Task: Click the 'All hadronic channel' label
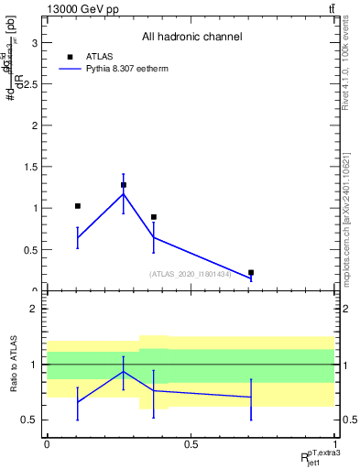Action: (191, 38)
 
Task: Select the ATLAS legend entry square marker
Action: (71, 56)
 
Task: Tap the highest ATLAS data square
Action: (124, 185)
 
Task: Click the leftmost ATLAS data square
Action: (78, 206)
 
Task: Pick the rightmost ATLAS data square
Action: (251, 272)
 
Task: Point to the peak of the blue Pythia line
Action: (124, 193)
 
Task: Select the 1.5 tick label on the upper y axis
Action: (30, 167)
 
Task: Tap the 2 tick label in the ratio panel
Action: (34, 309)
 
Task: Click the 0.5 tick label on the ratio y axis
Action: (30, 420)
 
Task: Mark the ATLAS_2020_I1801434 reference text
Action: (191, 274)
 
